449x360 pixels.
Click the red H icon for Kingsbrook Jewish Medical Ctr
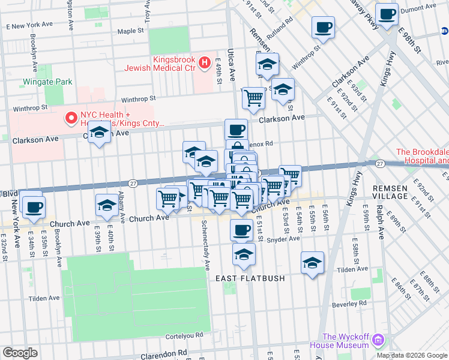pos(204,61)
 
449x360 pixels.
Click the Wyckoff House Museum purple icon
pos(378,340)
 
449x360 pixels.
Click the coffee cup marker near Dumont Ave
pos(387,13)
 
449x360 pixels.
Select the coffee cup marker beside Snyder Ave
pos(242,229)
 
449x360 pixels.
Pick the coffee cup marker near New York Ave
pos(34,207)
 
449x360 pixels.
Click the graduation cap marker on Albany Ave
pos(107,206)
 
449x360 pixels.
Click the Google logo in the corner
pos(20,353)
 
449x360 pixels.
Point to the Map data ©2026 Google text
pos(412,355)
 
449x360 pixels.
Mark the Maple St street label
pos(131,31)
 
